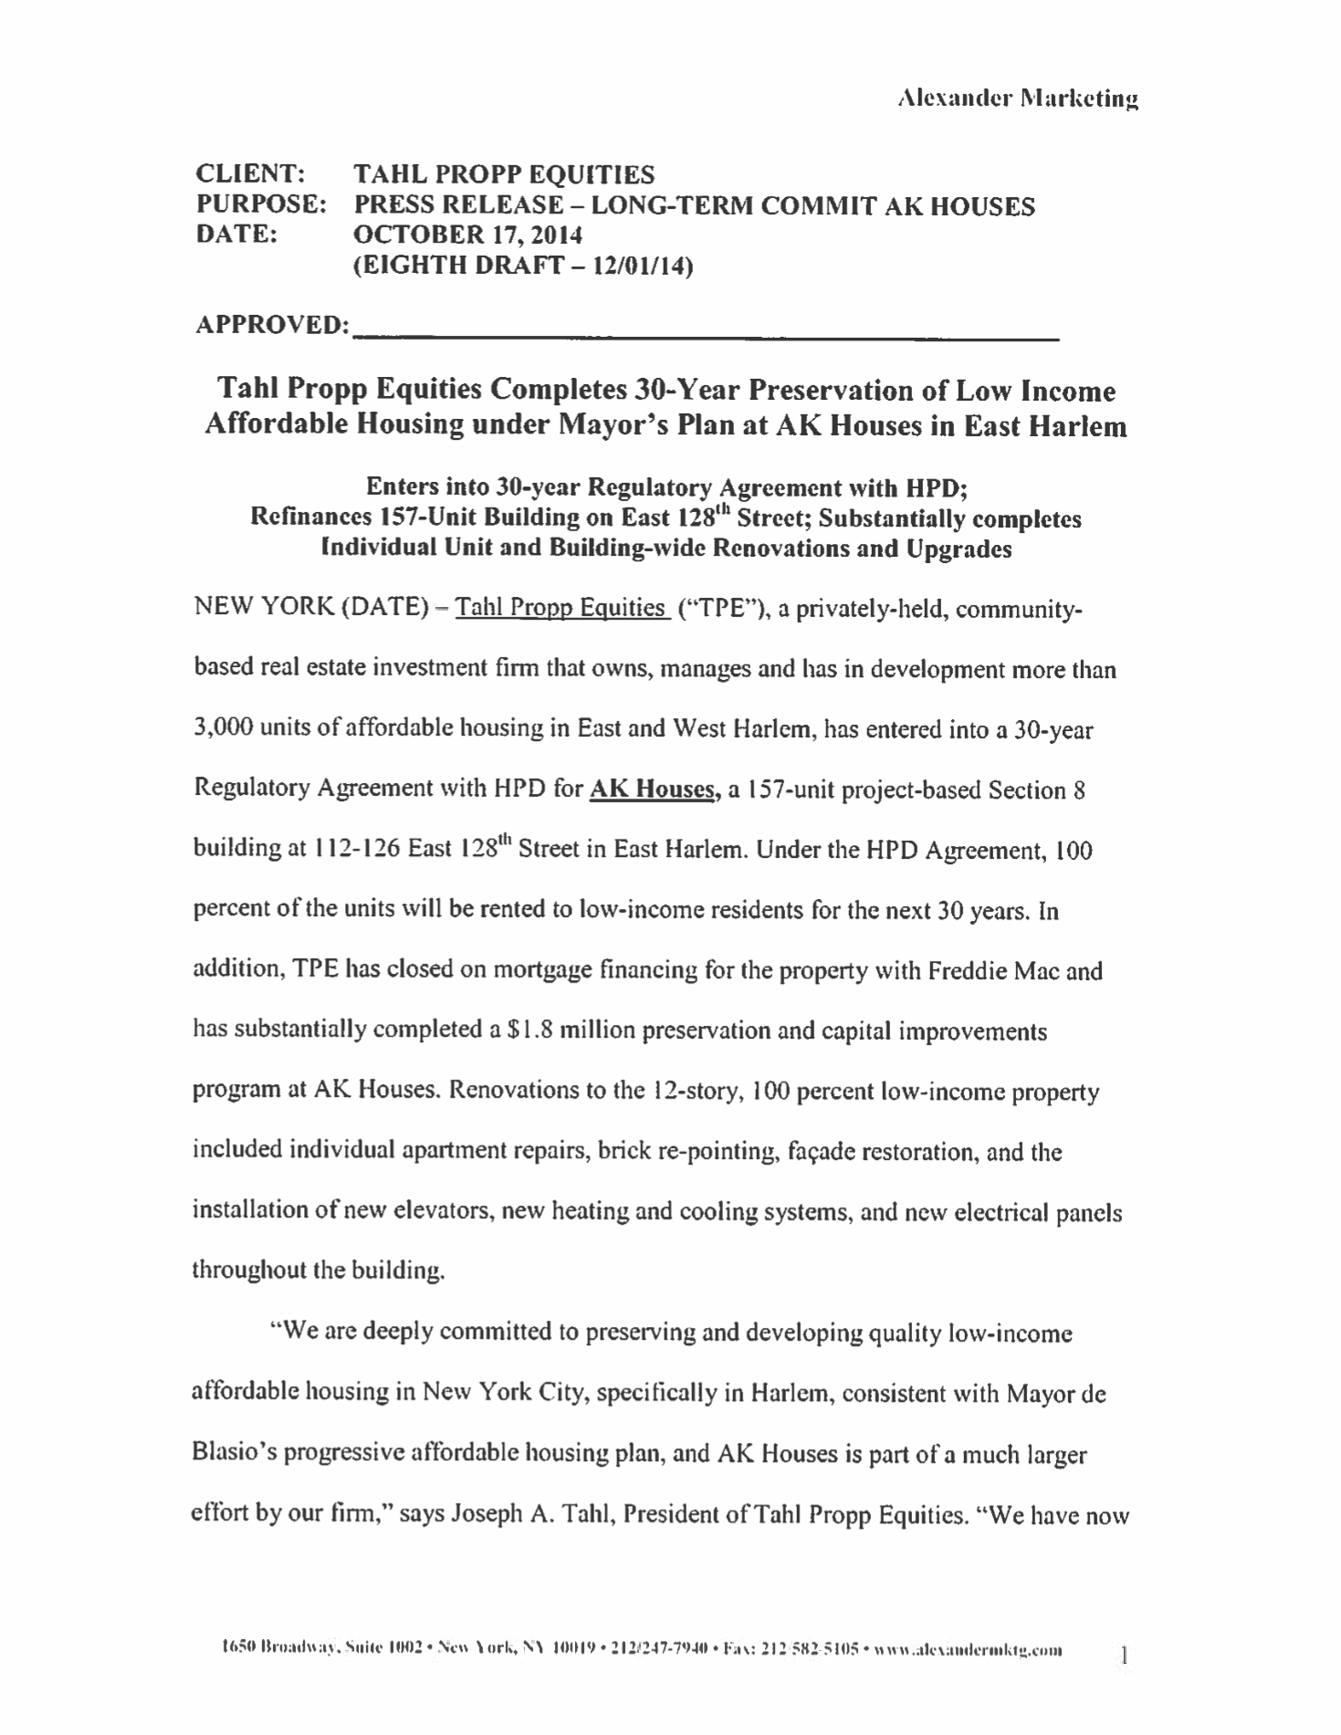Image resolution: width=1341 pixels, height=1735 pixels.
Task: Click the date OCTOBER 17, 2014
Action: (467, 235)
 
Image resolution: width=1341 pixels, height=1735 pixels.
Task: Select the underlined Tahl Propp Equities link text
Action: (560, 608)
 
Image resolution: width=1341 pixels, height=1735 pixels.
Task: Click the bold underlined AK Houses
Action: (650, 789)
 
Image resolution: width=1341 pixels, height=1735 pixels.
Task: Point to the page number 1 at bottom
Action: (1124, 1654)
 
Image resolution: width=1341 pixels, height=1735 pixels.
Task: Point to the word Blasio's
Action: (235, 1454)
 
